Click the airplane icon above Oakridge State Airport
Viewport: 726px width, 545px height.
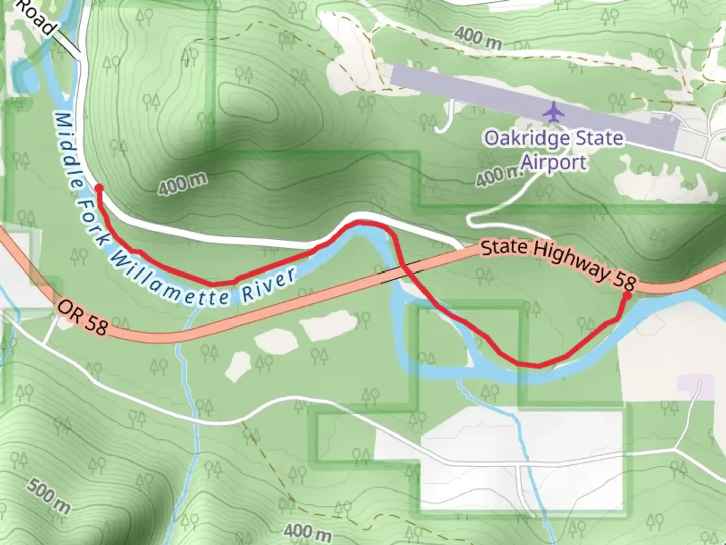click(x=554, y=112)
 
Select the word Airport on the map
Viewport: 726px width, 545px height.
click(x=554, y=162)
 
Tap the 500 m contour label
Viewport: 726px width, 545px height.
click(x=48, y=496)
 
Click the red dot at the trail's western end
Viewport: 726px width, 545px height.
click(x=99, y=188)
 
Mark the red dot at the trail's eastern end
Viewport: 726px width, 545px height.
click(x=628, y=296)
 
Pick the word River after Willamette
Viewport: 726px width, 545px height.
click(x=270, y=288)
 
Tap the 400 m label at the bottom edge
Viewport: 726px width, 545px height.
click(x=308, y=532)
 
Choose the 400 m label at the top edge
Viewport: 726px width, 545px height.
click(x=477, y=37)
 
